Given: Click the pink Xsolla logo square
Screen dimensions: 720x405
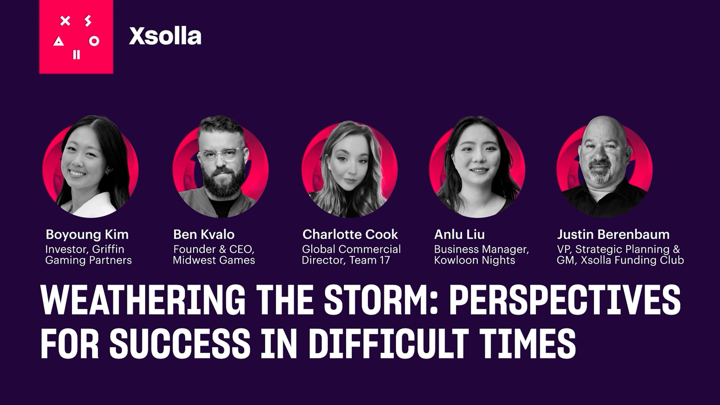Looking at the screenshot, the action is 76,37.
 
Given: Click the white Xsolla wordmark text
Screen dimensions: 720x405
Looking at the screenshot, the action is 165,36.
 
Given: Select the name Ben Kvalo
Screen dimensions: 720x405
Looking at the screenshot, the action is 204,235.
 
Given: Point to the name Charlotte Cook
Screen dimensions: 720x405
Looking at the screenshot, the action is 350,235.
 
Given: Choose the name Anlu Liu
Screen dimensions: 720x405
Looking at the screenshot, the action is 459,235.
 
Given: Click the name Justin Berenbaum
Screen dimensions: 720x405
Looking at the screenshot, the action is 613,235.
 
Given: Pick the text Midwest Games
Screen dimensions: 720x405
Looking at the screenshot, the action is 214,260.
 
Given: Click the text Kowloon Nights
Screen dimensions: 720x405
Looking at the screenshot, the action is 475,260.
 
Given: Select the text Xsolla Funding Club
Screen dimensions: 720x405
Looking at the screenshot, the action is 632,260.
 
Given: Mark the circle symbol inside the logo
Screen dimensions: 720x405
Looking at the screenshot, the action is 94,41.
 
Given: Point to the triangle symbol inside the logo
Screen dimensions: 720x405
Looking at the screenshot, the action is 58,42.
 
